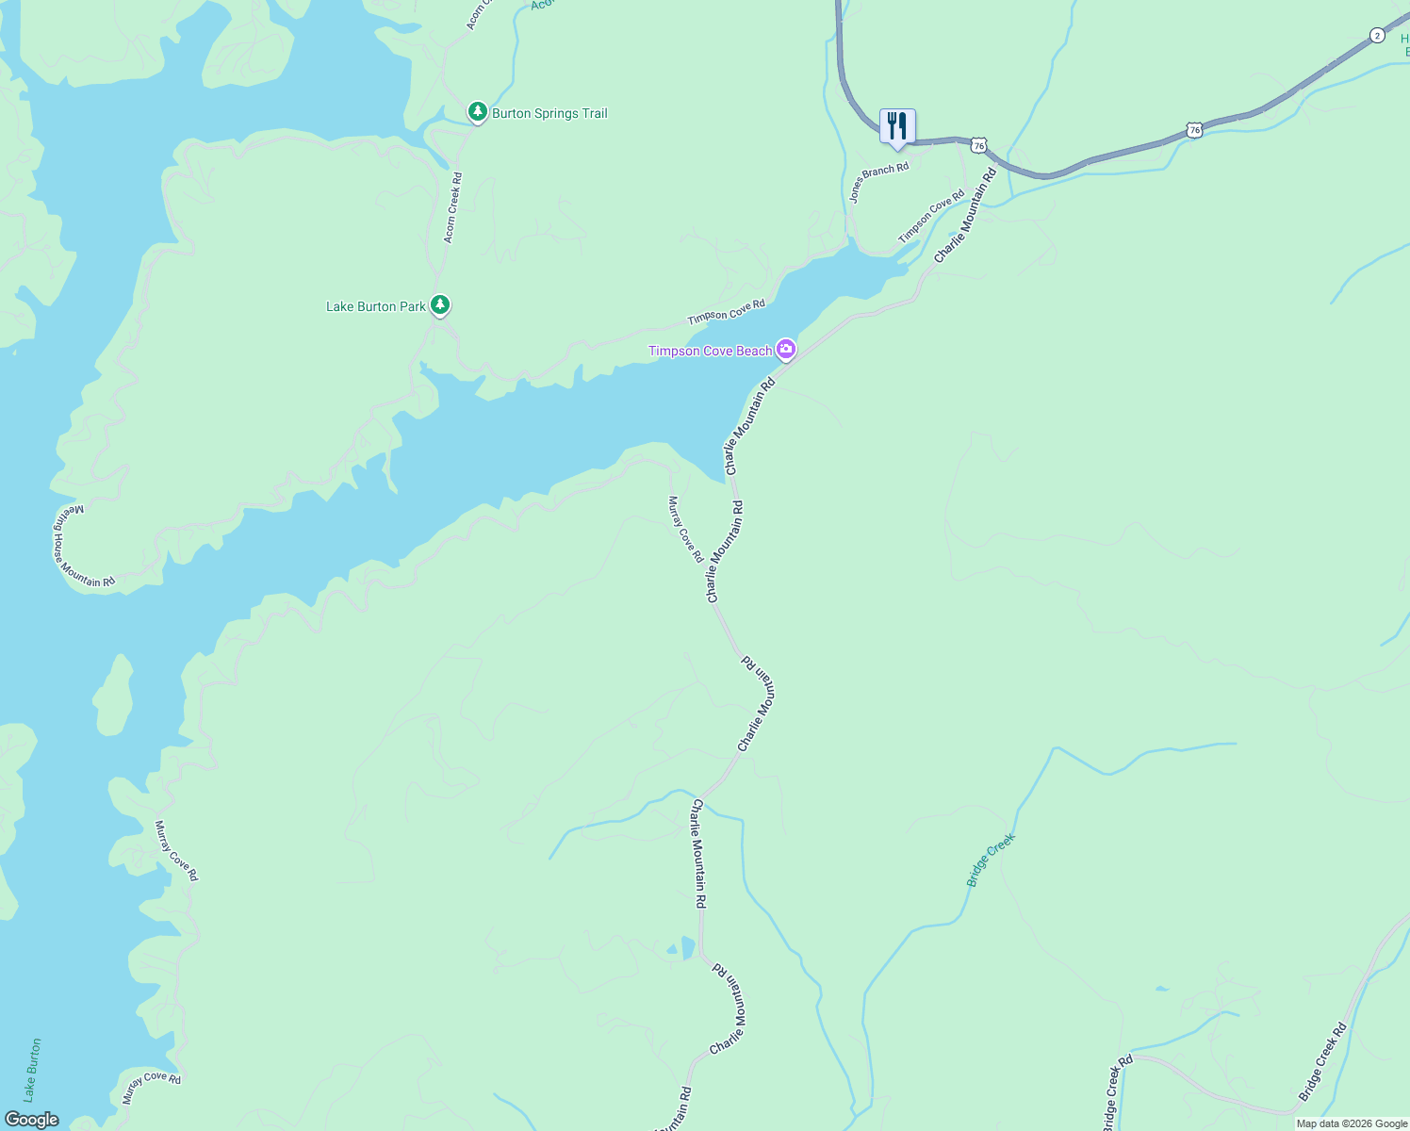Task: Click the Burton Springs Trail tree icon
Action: tap(478, 113)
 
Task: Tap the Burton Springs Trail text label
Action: tap(549, 114)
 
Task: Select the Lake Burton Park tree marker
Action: tap(440, 305)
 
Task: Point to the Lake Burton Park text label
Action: tap(376, 306)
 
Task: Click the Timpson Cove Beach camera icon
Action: tap(785, 350)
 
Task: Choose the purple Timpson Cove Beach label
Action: tap(710, 351)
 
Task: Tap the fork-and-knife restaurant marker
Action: tap(897, 126)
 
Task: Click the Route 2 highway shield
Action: tap(1377, 36)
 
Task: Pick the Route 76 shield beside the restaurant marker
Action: tap(979, 145)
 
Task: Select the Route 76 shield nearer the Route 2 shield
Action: tap(1194, 130)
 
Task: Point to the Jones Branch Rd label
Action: tap(878, 182)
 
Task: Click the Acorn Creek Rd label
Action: tap(452, 207)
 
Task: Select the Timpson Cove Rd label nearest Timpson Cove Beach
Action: tap(726, 312)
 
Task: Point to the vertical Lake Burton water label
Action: tap(33, 1070)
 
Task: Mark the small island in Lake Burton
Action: tap(114, 696)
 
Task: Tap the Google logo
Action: tap(31, 1120)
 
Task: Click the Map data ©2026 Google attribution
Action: tap(1351, 1123)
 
